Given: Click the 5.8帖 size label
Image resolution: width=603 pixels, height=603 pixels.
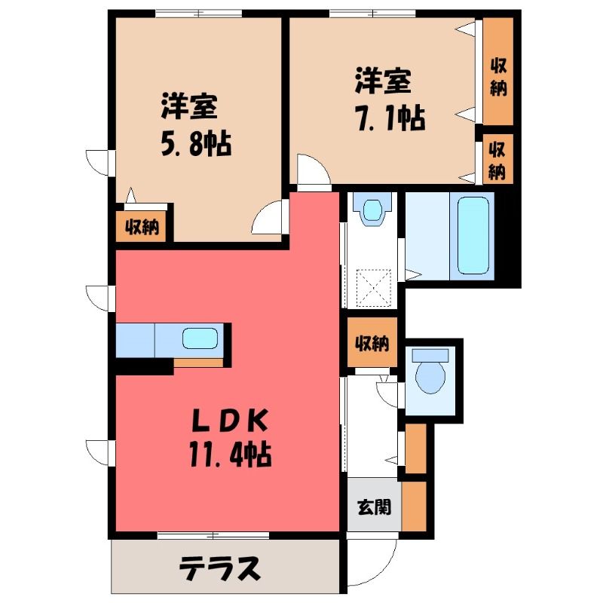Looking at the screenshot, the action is pyautogui.click(x=196, y=144).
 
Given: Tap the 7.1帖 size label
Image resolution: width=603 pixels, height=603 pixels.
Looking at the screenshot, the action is pyautogui.click(x=391, y=119).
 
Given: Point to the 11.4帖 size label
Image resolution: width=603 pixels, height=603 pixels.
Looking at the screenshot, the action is pyautogui.click(x=230, y=455).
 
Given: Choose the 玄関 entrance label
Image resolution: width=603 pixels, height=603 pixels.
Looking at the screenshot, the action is pyautogui.click(x=374, y=507).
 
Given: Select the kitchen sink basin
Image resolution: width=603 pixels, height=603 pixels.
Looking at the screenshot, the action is pyautogui.click(x=200, y=338).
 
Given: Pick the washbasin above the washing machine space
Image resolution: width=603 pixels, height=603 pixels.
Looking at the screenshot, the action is pyautogui.click(x=372, y=210).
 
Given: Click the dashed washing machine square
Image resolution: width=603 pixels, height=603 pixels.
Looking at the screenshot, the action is pyautogui.click(x=374, y=287).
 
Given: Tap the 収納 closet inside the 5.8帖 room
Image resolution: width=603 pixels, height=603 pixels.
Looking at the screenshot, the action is pyautogui.click(x=142, y=228).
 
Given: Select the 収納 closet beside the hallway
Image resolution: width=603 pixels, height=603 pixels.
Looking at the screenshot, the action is pyautogui.click(x=372, y=343).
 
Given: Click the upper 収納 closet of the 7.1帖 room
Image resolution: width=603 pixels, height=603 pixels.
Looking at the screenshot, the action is pyautogui.click(x=498, y=72).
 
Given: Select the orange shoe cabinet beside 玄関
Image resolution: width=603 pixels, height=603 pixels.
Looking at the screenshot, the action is pyautogui.click(x=414, y=506).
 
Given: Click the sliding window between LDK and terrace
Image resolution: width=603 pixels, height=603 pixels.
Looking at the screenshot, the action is pyautogui.click(x=213, y=535).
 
